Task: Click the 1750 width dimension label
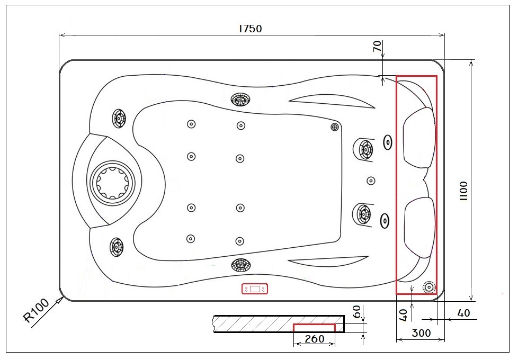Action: (x=250, y=29)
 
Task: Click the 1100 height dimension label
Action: (x=463, y=191)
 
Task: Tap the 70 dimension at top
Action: (x=377, y=47)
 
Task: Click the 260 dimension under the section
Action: (x=315, y=339)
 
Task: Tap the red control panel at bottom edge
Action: (x=255, y=289)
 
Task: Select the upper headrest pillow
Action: (x=419, y=137)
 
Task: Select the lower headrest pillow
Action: (x=419, y=227)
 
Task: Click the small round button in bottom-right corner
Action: (x=428, y=287)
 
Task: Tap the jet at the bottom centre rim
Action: (x=240, y=264)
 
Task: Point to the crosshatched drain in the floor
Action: (x=334, y=127)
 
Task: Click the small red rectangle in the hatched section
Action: (x=314, y=327)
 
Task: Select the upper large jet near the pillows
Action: (x=364, y=149)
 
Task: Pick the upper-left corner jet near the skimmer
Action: (x=118, y=118)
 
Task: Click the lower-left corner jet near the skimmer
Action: (x=117, y=246)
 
